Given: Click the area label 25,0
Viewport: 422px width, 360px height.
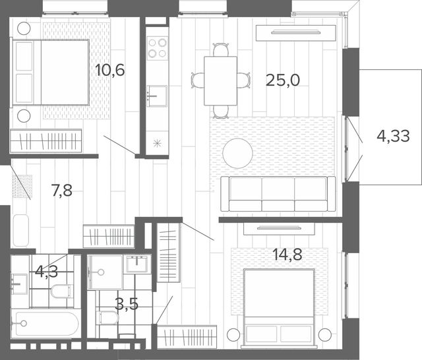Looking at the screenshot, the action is coord(283,80).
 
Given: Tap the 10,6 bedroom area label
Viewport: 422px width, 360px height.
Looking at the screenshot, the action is coord(110,71).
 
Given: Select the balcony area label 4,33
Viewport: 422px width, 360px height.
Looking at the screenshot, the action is coord(393,136).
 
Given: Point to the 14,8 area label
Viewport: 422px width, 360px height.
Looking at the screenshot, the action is coord(287,255).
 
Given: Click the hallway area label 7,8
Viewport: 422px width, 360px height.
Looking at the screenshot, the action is coord(62,191).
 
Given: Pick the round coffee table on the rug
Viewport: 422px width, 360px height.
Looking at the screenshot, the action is coord(237,154).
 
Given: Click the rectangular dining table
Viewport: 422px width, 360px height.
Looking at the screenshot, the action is coord(220,80).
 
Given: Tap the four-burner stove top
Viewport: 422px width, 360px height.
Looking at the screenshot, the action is coord(158,48).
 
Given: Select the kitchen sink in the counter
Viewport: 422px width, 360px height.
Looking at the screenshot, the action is coord(157,96).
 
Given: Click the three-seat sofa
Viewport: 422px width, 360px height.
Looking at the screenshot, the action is coord(278,194).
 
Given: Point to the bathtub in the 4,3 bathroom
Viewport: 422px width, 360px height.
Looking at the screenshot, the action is coord(45,324).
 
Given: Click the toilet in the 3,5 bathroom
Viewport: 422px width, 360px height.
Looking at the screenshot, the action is coord(107,318).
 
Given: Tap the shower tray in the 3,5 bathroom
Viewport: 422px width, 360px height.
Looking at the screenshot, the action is coord(105,272).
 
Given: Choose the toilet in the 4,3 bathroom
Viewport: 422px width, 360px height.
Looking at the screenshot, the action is coord(62,291).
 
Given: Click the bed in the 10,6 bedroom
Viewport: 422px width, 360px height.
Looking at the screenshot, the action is coord(51,72).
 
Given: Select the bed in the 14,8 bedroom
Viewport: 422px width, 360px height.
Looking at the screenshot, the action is coord(279,307).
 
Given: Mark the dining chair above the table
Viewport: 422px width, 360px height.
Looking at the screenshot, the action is coord(221,49).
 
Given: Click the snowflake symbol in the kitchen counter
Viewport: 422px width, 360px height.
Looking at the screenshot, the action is coord(157,144).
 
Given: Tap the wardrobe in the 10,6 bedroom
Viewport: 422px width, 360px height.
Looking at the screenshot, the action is coord(45,140).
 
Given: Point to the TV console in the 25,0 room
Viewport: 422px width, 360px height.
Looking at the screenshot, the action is coord(296,33).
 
